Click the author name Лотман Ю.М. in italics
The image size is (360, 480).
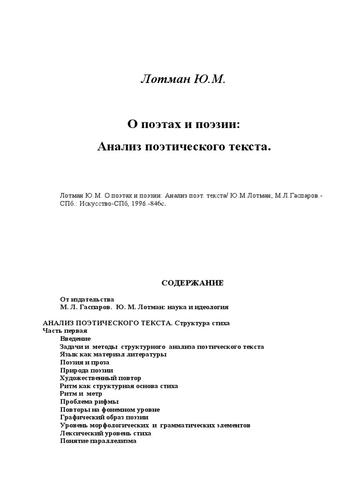point(183,79)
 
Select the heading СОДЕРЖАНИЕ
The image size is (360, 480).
point(186,283)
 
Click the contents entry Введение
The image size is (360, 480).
point(75,338)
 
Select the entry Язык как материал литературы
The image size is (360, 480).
point(113,354)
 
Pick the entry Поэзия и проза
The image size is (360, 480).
point(84,362)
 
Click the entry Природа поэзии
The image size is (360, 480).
point(86,370)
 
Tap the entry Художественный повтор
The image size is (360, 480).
point(100,378)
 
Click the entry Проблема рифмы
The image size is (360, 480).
point(89,402)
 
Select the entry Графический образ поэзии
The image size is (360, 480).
point(104,417)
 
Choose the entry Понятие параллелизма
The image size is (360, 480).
point(98,441)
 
